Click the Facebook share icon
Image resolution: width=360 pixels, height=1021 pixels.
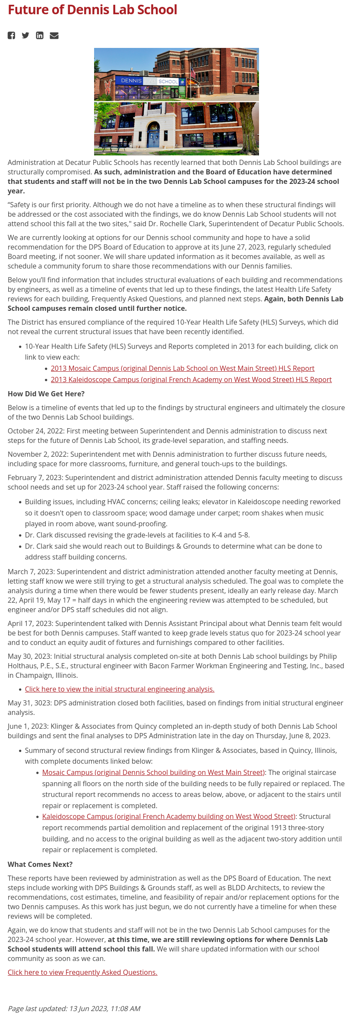11,35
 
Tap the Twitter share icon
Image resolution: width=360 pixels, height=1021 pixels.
25,35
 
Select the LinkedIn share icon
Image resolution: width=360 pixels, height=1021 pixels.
40,35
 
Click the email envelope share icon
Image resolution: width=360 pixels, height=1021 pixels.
54,35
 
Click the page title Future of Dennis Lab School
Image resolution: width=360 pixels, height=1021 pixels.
92,10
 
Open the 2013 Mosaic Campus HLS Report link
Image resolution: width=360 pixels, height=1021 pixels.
183,368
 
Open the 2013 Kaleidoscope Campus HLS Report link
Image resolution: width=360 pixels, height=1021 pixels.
191,379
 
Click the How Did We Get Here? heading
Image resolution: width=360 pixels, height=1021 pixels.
46,394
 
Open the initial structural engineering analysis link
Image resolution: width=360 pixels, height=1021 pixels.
120,689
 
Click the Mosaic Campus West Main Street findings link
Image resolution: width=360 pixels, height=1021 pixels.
153,772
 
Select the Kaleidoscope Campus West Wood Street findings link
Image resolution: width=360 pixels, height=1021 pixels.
168,816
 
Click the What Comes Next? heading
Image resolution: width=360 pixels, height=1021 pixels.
40,864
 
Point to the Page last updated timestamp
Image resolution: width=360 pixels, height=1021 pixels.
74,1008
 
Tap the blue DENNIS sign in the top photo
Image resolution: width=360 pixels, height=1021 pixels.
131,81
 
